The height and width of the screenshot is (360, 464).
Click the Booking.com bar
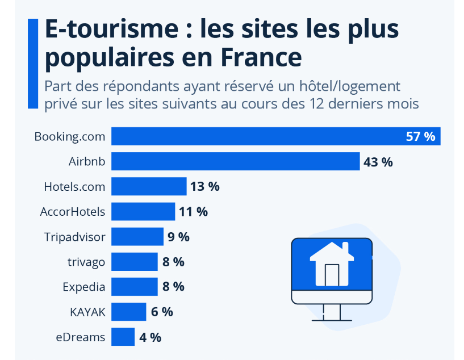point(256,136)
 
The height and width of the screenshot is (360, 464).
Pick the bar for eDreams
point(123,337)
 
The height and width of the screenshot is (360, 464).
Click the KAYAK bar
point(128,312)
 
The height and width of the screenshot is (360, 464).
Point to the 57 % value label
point(420,136)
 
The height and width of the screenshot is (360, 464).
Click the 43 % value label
point(378,162)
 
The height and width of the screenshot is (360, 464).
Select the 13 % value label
point(205,186)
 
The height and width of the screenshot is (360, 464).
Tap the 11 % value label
point(193,212)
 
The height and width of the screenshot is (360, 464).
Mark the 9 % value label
point(178,237)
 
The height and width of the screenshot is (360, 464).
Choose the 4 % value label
point(150,337)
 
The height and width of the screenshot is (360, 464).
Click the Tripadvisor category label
point(74,237)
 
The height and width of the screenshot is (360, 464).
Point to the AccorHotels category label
point(73,212)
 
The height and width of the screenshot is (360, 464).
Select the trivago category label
point(86,262)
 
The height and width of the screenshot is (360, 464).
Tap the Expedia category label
point(84,287)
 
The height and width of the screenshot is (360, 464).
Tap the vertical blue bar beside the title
point(32,62)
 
